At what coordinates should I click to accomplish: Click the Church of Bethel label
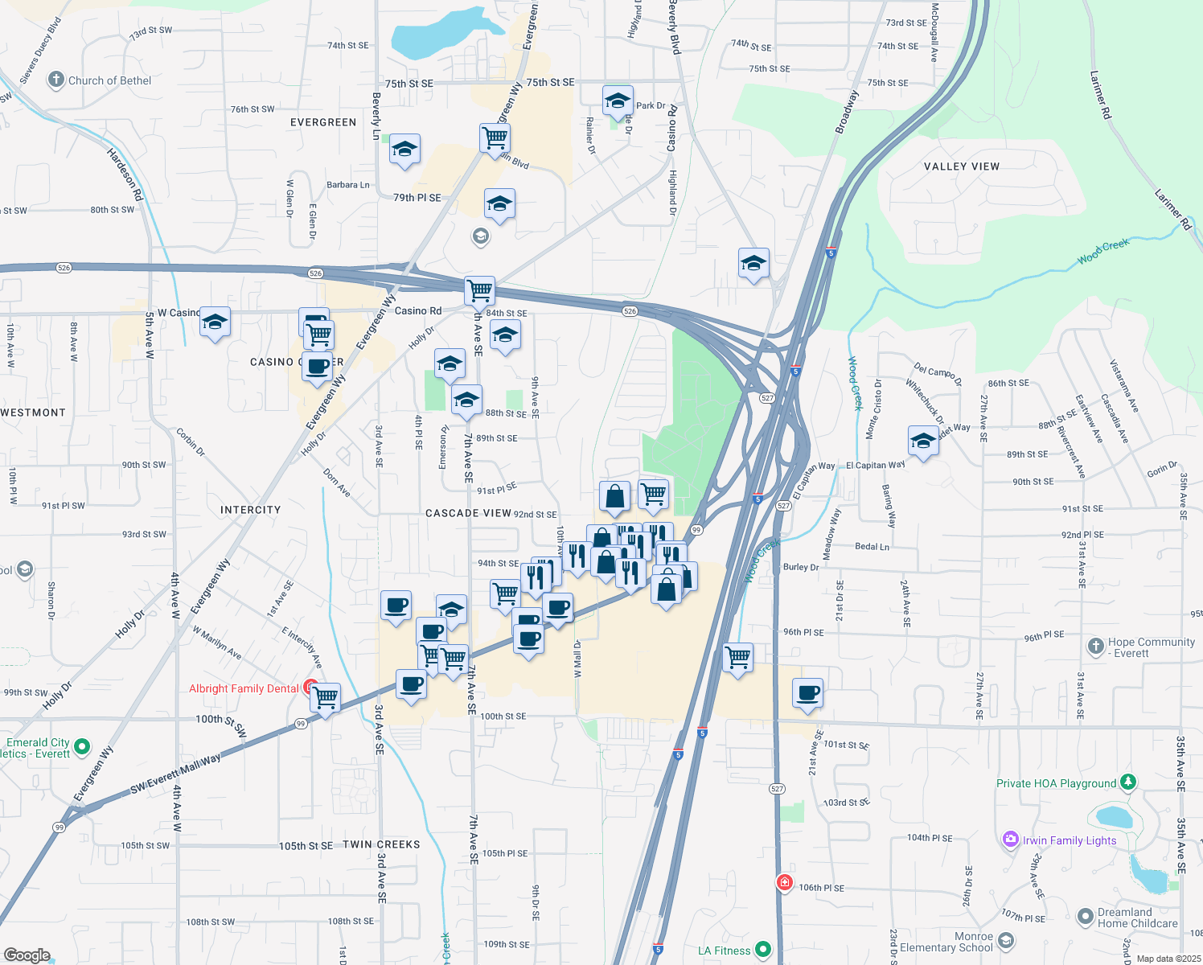[x=109, y=80]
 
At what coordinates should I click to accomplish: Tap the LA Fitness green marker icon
[x=763, y=950]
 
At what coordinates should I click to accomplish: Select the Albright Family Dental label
[x=244, y=688]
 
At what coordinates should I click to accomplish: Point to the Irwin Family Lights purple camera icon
[x=1011, y=840]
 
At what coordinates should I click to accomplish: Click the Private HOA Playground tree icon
[x=1128, y=782]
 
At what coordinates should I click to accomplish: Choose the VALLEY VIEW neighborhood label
[x=961, y=166]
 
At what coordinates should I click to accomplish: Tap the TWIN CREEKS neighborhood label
[x=381, y=844]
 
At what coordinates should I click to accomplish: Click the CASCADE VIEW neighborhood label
[x=468, y=513]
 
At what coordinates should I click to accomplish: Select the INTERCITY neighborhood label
[x=251, y=510]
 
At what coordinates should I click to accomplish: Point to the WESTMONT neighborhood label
[x=33, y=413]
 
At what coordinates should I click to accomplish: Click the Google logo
[x=27, y=955]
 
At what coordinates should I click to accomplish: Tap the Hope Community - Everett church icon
[x=1095, y=647]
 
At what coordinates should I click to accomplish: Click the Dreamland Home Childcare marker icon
[x=1086, y=916]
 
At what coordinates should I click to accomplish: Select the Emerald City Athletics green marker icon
[x=82, y=747]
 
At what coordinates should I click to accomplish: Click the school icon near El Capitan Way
[x=923, y=441]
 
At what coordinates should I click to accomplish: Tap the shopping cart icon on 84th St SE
[x=479, y=290]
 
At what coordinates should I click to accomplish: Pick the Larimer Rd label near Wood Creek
[x=1173, y=209]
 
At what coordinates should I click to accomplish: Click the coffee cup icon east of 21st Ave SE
[x=808, y=692]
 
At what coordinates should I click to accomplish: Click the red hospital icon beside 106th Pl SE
[x=785, y=883]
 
